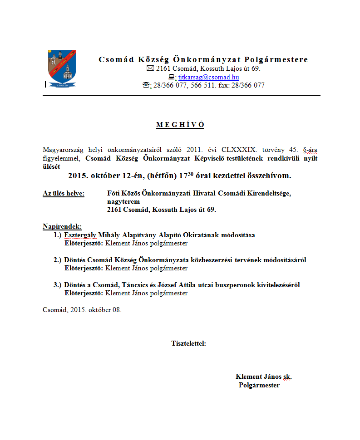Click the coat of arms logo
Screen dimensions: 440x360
click(62, 68)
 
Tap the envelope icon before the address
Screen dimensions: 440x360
click(150, 69)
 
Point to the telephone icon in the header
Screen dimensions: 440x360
click(147, 85)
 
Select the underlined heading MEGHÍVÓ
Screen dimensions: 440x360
click(180, 125)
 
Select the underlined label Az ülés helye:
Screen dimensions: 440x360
click(63, 193)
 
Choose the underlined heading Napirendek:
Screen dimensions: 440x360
click(62, 226)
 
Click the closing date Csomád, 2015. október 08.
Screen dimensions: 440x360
click(82, 310)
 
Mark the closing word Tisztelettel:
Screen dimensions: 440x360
click(188, 343)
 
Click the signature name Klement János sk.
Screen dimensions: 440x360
click(263, 376)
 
